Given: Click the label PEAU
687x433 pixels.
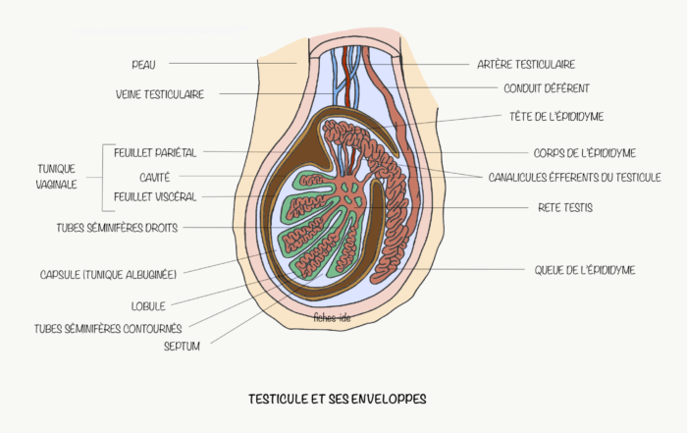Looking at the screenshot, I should [x=143, y=64].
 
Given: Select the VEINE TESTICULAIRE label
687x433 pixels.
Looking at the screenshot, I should [x=160, y=94].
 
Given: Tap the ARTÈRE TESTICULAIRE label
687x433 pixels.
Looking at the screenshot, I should [x=525, y=64].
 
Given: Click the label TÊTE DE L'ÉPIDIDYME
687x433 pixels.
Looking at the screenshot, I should [x=556, y=116].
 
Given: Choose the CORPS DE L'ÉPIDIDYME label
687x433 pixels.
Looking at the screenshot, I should [x=585, y=153].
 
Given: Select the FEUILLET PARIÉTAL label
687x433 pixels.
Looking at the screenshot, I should [x=156, y=152].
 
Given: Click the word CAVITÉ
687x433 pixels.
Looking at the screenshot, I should [x=154, y=177].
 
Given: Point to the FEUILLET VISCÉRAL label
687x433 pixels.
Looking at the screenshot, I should [x=155, y=196].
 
